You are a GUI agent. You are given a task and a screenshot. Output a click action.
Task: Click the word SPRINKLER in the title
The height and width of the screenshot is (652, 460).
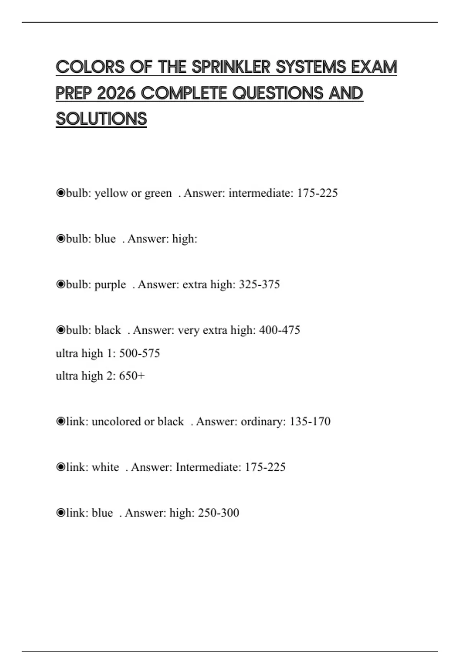231,67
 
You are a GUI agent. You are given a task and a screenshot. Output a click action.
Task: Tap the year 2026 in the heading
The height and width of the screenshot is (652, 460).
116,93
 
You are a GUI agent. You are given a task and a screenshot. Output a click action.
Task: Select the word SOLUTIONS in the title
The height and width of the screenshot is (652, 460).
101,119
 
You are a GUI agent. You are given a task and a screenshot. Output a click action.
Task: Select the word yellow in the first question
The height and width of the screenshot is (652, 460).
111,193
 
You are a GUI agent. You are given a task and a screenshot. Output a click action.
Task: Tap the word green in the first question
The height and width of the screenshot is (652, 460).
158,193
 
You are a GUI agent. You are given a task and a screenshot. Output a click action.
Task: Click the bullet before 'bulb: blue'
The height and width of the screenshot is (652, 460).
61,239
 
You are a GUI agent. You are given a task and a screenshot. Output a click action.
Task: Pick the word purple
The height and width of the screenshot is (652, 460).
110,285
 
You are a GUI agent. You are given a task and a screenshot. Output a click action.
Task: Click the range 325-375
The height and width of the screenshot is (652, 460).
259,285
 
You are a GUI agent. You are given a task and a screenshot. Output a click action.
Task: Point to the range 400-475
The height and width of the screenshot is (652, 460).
279,330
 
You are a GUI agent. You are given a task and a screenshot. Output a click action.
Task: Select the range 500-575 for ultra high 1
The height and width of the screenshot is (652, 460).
140,353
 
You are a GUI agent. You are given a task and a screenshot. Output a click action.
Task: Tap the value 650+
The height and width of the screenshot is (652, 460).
132,376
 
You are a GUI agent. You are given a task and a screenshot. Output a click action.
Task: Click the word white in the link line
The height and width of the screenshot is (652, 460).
105,467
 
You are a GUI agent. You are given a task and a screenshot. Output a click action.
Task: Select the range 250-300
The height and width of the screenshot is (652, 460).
219,513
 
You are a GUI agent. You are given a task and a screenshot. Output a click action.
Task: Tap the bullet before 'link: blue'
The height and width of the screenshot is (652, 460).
61,513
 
